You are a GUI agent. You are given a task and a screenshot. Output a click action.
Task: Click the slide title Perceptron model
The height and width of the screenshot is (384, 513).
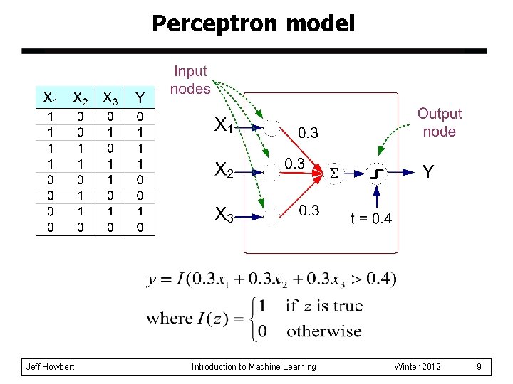point(253,24)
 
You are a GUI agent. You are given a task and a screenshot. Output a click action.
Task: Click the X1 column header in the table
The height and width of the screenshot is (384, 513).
point(49,97)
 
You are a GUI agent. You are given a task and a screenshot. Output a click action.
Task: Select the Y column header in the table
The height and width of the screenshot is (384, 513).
point(140,97)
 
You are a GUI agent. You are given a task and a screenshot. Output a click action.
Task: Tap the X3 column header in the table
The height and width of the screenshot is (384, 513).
point(110,97)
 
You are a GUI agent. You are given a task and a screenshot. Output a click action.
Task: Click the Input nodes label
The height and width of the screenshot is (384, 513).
point(190,80)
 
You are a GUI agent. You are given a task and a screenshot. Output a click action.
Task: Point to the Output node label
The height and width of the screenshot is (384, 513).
point(439,122)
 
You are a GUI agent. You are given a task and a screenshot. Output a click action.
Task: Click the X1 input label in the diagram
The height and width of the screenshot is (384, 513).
point(224,126)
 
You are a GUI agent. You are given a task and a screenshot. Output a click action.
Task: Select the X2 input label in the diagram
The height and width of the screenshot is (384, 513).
point(224,170)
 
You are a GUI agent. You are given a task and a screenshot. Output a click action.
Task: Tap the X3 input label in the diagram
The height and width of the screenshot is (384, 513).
point(224,213)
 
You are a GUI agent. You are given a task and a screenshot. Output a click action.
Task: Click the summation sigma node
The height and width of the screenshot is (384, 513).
point(334,173)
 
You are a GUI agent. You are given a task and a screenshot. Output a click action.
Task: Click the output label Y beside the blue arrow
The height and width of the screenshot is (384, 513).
point(428,171)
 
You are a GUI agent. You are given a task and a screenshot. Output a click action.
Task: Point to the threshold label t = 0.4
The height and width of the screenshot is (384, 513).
point(370,218)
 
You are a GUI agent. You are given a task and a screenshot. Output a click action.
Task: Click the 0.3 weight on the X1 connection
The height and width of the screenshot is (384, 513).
point(308,133)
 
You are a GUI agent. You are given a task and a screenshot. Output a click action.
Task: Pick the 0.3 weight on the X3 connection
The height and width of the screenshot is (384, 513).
point(309,210)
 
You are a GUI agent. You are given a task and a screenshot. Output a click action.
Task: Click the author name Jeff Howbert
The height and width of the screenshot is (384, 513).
point(51,367)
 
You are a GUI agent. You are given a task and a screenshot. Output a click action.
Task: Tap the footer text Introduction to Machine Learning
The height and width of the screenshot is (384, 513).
point(254,367)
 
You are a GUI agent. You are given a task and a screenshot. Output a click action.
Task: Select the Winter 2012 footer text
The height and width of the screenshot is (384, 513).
point(418,367)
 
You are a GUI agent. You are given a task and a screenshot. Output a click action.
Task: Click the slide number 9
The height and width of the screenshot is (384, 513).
point(480,367)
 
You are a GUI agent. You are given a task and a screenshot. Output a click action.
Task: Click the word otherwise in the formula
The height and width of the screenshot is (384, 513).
point(323,331)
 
